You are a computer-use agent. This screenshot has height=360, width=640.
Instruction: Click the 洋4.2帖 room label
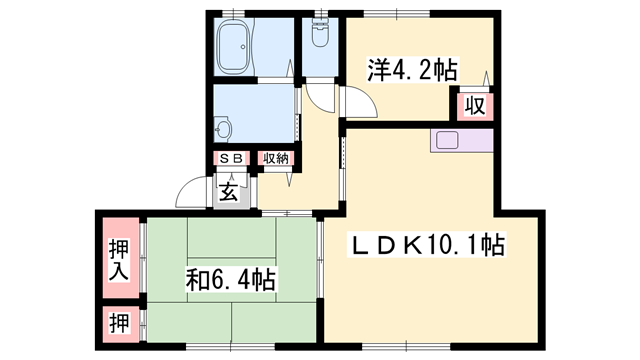click(x=410, y=70)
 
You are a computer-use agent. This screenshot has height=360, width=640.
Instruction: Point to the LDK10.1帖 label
click(x=426, y=243)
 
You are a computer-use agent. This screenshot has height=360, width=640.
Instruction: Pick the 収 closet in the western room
click(x=474, y=104)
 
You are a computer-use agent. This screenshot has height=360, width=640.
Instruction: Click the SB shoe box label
click(x=232, y=158)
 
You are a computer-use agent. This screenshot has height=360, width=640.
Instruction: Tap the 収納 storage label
click(x=276, y=158)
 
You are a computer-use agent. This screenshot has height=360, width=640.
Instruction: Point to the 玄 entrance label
click(x=229, y=189)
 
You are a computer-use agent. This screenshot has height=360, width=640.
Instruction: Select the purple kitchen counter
click(x=462, y=141)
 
